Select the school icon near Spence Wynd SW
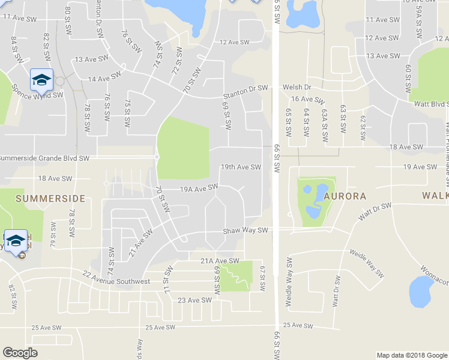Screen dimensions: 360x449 coord(41,80)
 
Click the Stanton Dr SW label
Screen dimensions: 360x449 coord(245,88)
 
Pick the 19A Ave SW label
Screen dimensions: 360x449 coord(199,188)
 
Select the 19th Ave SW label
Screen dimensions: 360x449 coord(241,167)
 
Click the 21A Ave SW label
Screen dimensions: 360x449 coord(220,261)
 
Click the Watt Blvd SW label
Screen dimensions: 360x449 coord(432,104)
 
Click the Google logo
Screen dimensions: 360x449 coord(20,352)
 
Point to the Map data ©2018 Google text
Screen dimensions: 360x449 coord(411,355)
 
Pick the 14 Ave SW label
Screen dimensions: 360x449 coord(104,79)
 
